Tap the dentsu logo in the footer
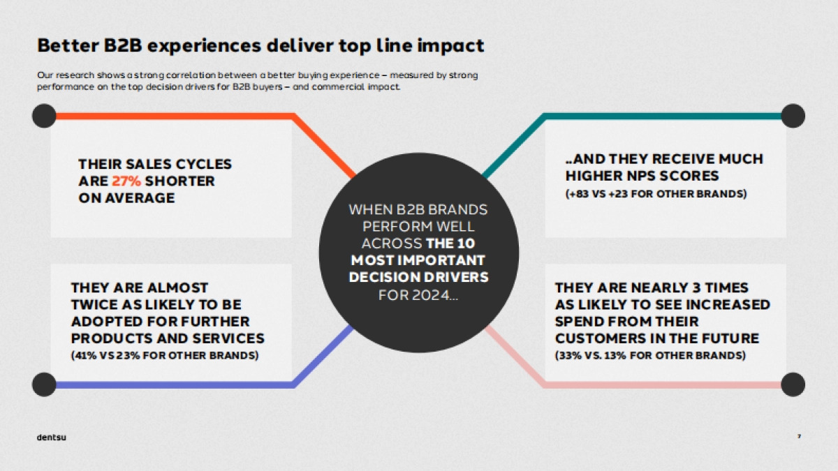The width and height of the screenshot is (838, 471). (52, 438)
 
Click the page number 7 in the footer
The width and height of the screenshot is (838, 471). (799, 437)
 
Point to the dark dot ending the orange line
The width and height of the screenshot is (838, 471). (44, 116)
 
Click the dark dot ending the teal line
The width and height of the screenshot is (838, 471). (793, 116)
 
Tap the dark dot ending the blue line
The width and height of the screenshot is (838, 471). (44, 384)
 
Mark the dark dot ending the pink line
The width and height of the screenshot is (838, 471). (793, 384)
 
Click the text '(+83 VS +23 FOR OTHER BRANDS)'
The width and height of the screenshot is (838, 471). (656, 194)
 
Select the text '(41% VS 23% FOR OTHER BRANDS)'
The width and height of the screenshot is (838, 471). (165, 356)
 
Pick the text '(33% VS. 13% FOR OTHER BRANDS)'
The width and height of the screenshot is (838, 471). (650, 356)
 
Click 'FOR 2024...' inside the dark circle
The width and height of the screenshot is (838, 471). (418, 295)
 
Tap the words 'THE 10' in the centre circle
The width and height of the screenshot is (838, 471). (455, 244)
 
